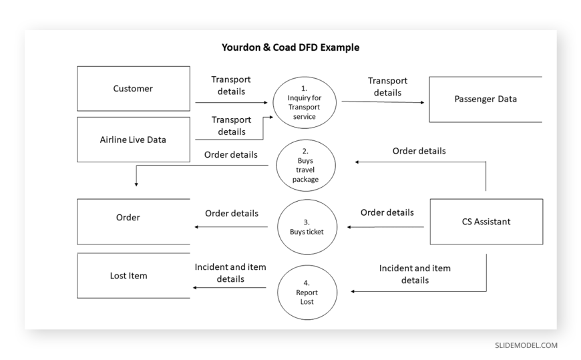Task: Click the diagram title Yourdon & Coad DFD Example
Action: point(290,47)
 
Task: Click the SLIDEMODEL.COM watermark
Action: point(526,345)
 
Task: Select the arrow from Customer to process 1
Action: point(231,102)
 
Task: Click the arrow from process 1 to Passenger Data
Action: point(383,102)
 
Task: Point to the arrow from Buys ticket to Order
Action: point(231,227)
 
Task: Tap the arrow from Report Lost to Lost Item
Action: point(230,287)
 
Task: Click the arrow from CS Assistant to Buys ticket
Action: point(385,227)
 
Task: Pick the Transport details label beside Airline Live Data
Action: point(232,126)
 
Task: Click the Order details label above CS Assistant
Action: point(419,151)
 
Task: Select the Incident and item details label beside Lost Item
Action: point(230,273)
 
